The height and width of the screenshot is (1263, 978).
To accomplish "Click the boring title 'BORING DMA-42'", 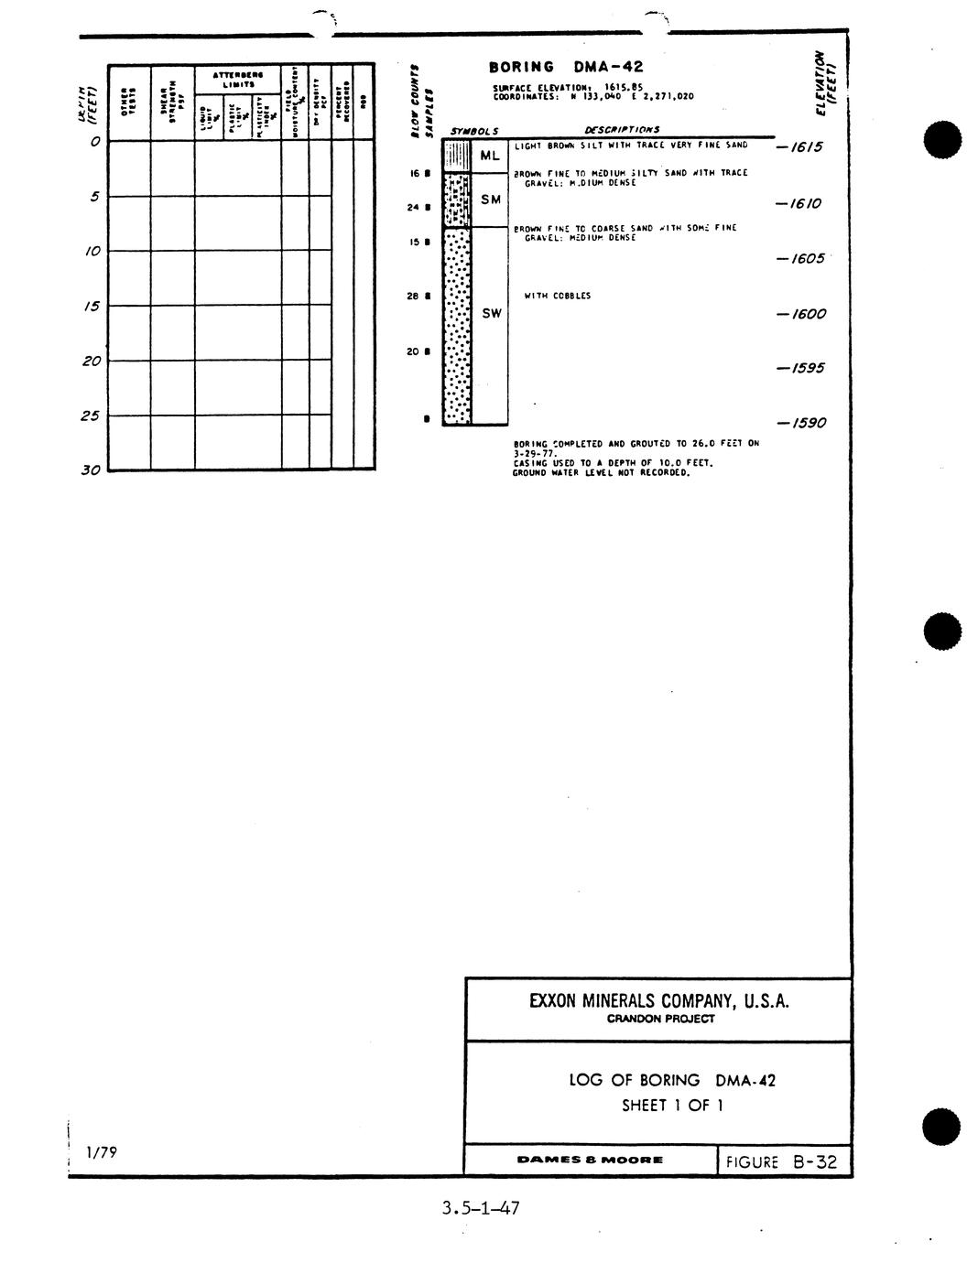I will [x=566, y=67].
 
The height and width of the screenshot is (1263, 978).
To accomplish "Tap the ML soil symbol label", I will [x=489, y=157].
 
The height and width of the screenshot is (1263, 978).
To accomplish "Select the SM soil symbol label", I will [x=491, y=200].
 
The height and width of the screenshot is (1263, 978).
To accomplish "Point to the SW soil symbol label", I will [x=492, y=313].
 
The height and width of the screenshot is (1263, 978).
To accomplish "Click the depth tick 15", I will [x=92, y=307].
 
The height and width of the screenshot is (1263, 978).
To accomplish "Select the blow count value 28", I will [x=412, y=296].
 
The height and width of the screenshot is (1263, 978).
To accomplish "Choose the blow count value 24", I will [x=412, y=207].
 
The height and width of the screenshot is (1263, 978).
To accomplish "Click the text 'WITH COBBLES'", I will [x=557, y=296].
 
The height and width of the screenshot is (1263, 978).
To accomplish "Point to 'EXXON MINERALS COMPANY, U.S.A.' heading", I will [x=658, y=1000].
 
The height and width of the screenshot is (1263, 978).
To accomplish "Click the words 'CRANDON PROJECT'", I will [x=659, y=1019].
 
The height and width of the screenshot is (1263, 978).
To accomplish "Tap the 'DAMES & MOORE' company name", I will [x=590, y=1160].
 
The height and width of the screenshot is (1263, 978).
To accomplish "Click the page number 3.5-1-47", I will [x=480, y=1208].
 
